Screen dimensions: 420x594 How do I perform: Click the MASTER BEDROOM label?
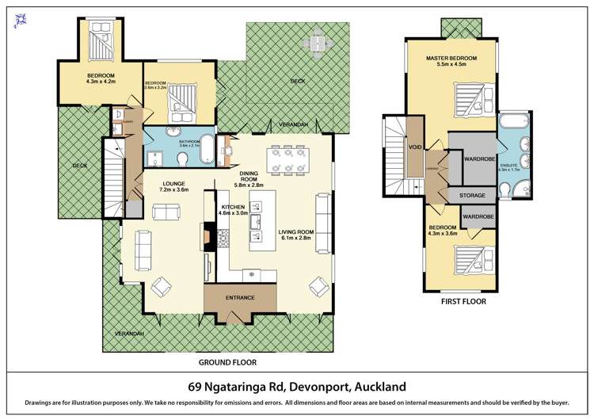451,59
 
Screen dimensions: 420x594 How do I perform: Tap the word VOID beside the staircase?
414,147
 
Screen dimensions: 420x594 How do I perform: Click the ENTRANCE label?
240,297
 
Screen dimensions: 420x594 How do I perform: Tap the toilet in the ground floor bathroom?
184,161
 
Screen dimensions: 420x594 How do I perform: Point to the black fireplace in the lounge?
208,235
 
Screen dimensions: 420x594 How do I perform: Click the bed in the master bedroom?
469,101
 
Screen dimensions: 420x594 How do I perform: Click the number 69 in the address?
196,387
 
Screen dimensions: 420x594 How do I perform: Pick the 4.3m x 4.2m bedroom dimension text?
101,81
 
